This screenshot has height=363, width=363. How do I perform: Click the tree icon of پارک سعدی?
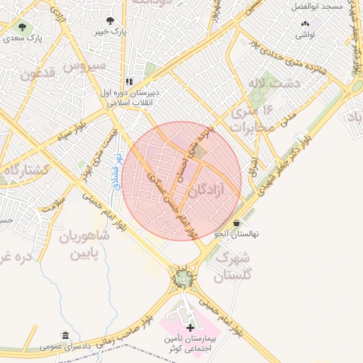point(21,27)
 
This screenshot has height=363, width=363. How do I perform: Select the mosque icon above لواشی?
point(304,23)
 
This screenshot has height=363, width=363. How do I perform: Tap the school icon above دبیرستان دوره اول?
point(129,82)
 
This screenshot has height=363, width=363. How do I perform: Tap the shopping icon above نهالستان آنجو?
point(236,223)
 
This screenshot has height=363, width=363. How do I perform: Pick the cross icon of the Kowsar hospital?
point(189,327)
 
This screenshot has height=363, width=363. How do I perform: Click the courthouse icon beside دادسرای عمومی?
point(65,335)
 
